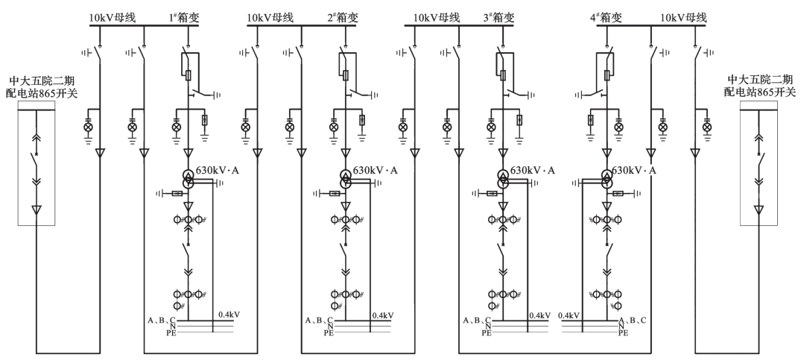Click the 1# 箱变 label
pos(184,17)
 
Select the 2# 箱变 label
pos(342,17)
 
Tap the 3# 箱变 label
pos(498,17)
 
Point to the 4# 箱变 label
pos(605,17)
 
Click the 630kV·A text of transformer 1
pos(218,171)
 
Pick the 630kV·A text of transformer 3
pos(533,171)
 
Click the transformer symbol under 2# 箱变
pos(346,180)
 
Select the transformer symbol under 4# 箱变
pos(607,180)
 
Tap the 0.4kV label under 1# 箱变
pos(229,315)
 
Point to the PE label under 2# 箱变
pos(329,333)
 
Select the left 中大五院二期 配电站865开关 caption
pos(42,86)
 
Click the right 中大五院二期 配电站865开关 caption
pos(759,86)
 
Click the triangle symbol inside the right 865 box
pos(759,209)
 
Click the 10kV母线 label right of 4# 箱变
pos(683,17)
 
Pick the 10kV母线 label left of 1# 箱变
pos(113,17)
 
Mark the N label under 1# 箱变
pos(173,326)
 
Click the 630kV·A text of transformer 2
pos(376,171)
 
